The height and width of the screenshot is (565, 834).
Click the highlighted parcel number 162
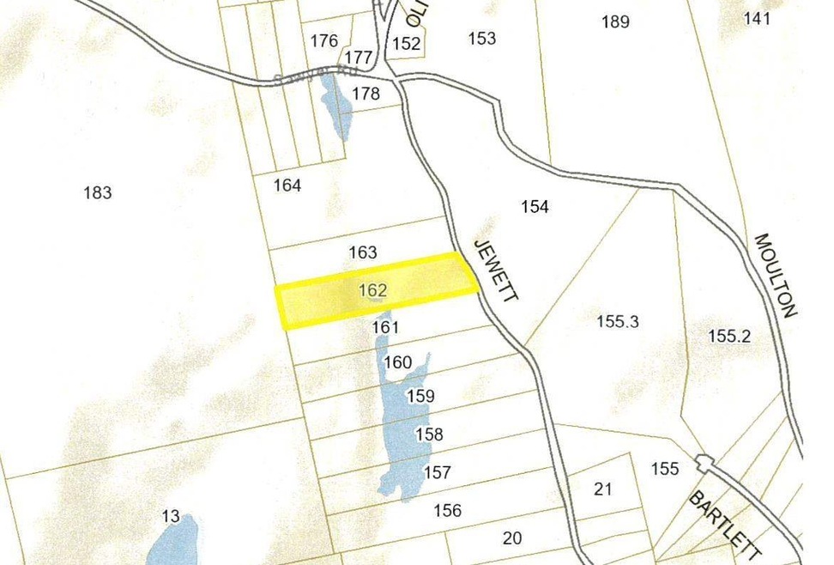coord(373,291)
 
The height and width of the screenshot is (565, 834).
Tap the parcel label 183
coord(98,192)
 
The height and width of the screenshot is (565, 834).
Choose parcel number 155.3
coord(618,322)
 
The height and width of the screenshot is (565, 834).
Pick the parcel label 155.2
coord(729,337)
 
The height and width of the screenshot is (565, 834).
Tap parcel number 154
coord(535,207)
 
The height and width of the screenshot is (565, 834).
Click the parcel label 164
coord(287,185)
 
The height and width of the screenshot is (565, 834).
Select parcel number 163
coord(363,252)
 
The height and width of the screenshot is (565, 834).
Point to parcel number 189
coord(615,21)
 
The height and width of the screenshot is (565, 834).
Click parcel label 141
coord(757,18)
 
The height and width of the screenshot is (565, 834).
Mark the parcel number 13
coord(171,516)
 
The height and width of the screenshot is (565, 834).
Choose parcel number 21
coord(603,489)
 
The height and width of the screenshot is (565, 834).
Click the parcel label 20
coord(512,538)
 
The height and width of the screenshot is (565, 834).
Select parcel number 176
coord(324,40)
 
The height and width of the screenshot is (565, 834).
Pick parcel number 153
coord(482,38)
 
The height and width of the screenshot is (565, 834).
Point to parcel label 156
coord(447,511)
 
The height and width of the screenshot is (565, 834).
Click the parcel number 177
coord(358,58)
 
